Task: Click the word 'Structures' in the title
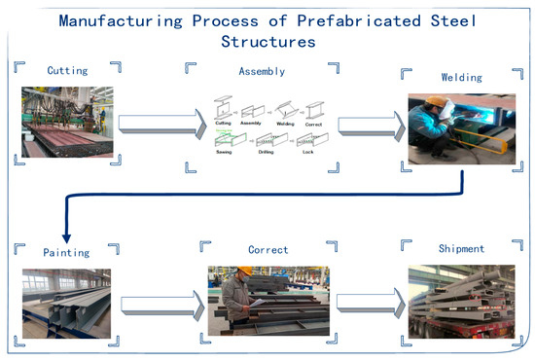click(267, 42)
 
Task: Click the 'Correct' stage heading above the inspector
click(267, 250)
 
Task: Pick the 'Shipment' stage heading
click(460, 249)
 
